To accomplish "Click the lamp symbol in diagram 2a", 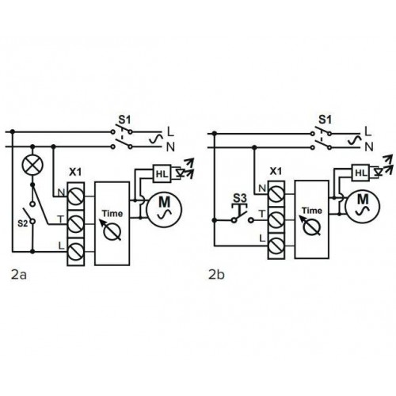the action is [32, 165].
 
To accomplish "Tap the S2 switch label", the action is [22, 223].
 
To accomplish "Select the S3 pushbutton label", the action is [240, 198].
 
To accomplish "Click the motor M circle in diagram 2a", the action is [164, 209].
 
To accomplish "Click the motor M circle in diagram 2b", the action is [363, 205].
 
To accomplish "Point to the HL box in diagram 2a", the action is [162, 173].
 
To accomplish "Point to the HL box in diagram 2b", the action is [360, 173].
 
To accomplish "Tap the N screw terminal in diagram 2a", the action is [76, 196].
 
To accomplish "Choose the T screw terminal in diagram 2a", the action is [76, 224].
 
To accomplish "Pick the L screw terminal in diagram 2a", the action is [76, 252].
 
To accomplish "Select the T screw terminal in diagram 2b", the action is [276, 219].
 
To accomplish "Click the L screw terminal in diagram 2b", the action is [276, 246].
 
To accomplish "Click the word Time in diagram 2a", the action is [112, 213].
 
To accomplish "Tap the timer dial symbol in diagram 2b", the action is [311, 227].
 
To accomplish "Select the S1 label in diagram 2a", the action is [124, 120].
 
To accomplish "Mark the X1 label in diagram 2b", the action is [276, 171].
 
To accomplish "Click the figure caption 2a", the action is [19, 275].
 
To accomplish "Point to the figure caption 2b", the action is [216, 275].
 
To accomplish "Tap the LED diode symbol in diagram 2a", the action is [181, 173].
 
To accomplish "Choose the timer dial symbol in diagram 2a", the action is [112, 230].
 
